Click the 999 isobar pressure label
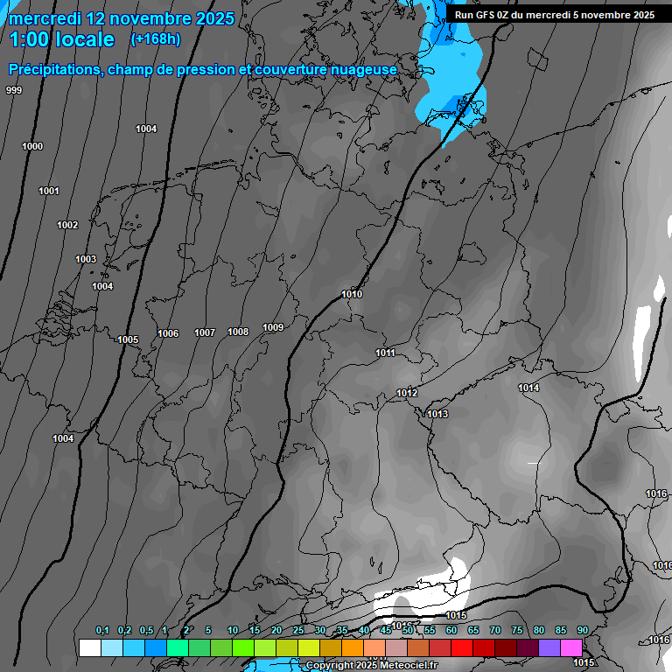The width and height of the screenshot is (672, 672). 14,90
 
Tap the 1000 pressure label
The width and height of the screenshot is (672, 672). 32,146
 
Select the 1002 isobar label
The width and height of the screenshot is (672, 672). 67,225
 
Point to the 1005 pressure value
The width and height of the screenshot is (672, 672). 128,339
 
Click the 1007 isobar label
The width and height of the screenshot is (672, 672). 205,332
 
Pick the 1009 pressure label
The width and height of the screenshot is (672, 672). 273,327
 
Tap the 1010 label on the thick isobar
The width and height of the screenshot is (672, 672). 352,294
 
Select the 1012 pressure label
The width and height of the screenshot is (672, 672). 407,393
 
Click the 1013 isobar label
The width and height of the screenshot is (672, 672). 437,414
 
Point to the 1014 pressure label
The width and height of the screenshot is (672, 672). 528,388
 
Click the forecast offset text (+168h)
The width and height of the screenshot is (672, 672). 155,38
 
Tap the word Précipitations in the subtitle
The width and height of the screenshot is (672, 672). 54,69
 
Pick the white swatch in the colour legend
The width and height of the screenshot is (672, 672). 89,647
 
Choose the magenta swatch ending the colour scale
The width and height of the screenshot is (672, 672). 571,647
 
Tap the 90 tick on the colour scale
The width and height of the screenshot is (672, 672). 582,630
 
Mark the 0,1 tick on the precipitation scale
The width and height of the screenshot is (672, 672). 101,630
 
